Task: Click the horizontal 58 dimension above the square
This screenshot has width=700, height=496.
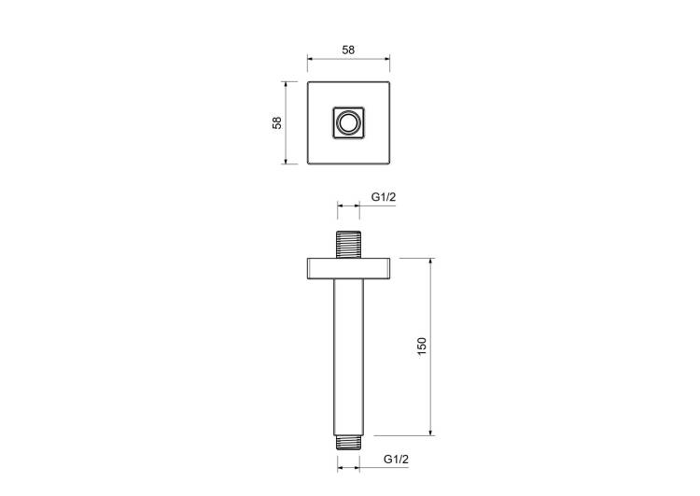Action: click(x=348, y=50)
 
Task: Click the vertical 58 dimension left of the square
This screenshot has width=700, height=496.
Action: click(x=277, y=122)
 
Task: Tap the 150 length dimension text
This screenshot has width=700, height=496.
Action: click(x=422, y=347)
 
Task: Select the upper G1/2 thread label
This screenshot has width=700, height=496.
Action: click(x=384, y=196)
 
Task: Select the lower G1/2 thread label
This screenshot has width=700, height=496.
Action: click(x=396, y=459)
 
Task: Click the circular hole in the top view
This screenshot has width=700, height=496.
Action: click(x=349, y=122)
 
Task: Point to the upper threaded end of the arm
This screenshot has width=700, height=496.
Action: click(x=348, y=245)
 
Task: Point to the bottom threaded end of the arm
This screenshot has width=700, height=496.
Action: click(x=348, y=443)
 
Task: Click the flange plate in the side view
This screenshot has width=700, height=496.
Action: click(x=349, y=269)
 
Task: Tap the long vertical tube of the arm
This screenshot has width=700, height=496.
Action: click(x=349, y=358)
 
